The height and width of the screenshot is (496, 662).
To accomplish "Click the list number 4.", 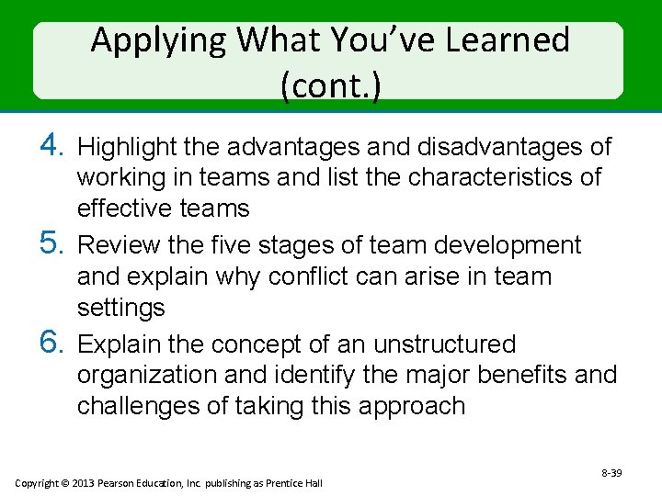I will point(51,145).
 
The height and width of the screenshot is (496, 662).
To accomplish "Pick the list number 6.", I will point(51,344).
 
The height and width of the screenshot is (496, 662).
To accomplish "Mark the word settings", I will point(120,307).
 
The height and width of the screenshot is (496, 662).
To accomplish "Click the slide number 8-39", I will point(611,472).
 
